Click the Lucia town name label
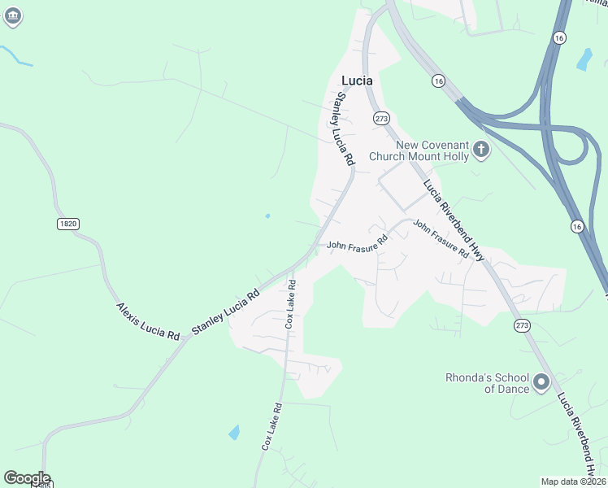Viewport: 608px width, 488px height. [357, 81]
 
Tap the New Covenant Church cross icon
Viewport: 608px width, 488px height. [481, 149]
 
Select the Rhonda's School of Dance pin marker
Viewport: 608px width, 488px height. [541, 381]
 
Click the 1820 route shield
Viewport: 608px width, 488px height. [67, 224]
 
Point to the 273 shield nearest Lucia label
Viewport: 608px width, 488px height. [381, 118]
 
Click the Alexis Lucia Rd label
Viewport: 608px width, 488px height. [147, 321]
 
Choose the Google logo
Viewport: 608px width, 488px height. [26, 478]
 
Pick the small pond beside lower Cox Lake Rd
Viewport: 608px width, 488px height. [234, 432]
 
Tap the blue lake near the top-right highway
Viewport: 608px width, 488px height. [584, 59]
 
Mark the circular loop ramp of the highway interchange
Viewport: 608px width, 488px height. [575, 148]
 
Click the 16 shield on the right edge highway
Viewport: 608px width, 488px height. [576, 225]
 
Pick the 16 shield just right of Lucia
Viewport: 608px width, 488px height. [438, 81]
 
